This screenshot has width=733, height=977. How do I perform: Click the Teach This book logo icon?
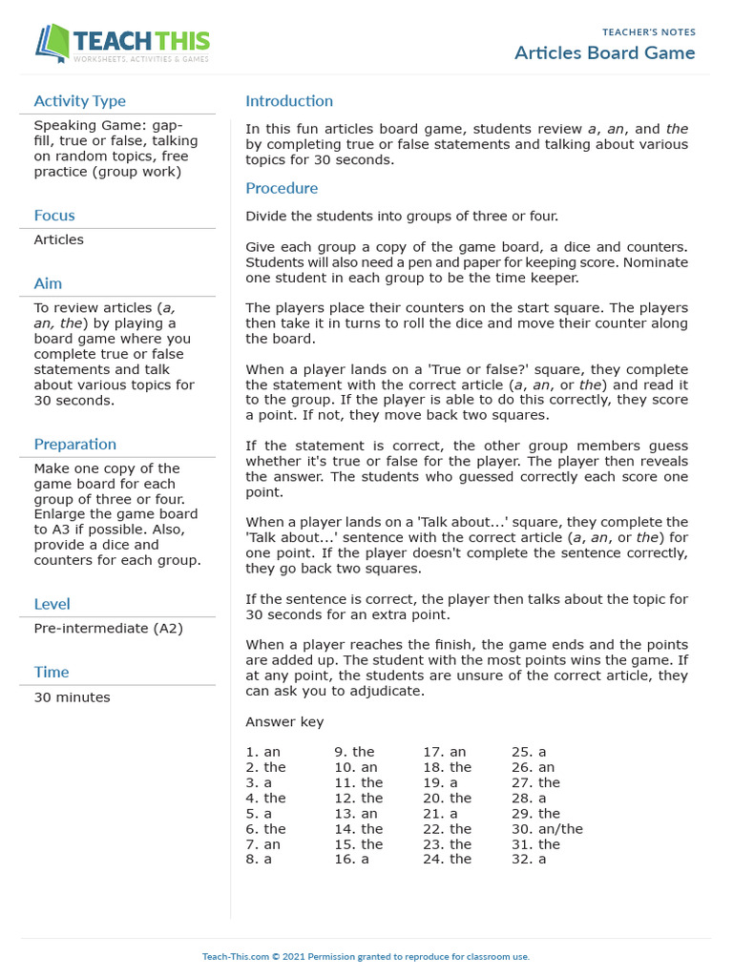53,43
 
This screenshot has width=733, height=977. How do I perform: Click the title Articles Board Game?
605,52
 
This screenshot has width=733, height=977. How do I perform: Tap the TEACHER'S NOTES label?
649,32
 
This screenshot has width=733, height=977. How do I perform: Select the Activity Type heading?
79,101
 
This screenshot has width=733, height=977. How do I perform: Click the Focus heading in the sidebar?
54,216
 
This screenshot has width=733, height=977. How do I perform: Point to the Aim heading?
48,283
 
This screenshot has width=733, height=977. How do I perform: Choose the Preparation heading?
75,445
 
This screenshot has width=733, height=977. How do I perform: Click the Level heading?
52,604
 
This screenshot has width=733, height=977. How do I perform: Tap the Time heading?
51,673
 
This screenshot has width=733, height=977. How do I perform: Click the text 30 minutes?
72,697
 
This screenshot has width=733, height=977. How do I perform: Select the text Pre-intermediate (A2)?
108,629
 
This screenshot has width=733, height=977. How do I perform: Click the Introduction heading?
289,101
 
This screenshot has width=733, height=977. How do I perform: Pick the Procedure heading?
282,188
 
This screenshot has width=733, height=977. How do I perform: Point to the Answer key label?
284,722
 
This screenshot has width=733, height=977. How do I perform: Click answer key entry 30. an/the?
547,829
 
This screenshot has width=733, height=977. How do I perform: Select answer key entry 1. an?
263,752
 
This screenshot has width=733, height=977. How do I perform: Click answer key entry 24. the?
447,860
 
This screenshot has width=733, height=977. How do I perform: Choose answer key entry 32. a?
529,860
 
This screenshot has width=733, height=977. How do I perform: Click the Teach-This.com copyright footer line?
366,956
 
